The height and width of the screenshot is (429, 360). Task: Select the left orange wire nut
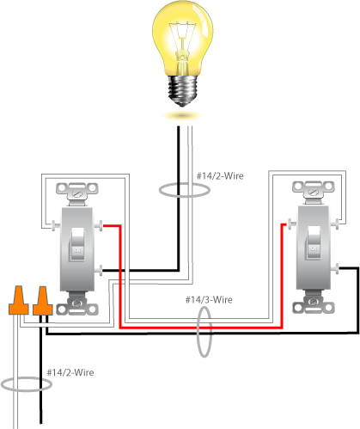(x=17, y=301)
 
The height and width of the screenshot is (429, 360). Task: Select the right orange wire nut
(x=40, y=301)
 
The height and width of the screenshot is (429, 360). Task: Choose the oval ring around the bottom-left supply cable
(x=27, y=384)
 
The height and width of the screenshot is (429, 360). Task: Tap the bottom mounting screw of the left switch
(x=79, y=303)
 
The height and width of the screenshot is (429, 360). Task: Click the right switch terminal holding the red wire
(x=285, y=226)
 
